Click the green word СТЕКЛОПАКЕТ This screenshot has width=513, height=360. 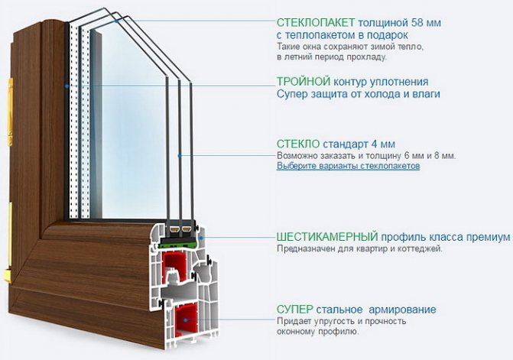click(316, 23)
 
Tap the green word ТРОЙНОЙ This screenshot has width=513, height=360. click(304, 82)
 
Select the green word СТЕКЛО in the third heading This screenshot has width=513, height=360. click(298, 144)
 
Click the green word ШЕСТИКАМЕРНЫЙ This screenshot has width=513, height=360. click(327, 236)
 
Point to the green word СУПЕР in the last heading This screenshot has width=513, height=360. click(295, 309)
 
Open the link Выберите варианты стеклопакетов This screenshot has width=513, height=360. click(348, 166)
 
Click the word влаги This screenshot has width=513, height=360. click(426, 94)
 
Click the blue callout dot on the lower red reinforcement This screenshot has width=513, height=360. click(185, 319)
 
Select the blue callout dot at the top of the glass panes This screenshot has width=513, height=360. click(116, 21)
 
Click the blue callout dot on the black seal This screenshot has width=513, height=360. click(67, 86)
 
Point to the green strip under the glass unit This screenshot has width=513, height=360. click(178, 242)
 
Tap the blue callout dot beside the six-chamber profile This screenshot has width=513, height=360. click(202, 238)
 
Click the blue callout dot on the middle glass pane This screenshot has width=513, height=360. click(180, 156)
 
